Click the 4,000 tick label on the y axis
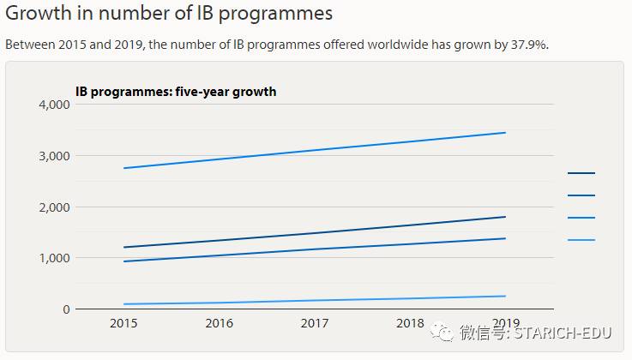tap(53, 105)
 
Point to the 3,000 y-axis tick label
tap(53, 156)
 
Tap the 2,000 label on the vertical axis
tap(53, 207)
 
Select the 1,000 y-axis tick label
tap(53, 258)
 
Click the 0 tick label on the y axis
tap(65, 309)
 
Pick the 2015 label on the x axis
tap(124, 323)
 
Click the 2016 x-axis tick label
tap(220, 323)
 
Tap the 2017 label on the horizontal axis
tap(315, 323)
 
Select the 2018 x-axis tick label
tap(410, 323)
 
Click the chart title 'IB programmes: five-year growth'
tap(177, 91)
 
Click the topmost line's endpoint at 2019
tap(506, 133)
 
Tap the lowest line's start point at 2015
tap(124, 304)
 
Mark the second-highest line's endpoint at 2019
tap(506, 217)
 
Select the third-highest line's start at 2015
tap(124, 261)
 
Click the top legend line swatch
tap(581, 173)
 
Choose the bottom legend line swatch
tap(581, 240)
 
